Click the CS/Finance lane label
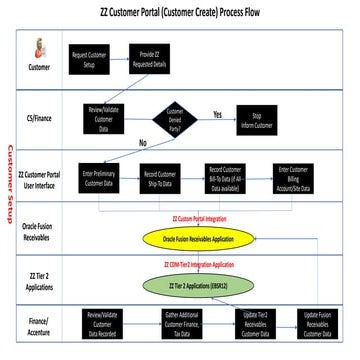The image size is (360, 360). pyautogui.click(x=40, y=118)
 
